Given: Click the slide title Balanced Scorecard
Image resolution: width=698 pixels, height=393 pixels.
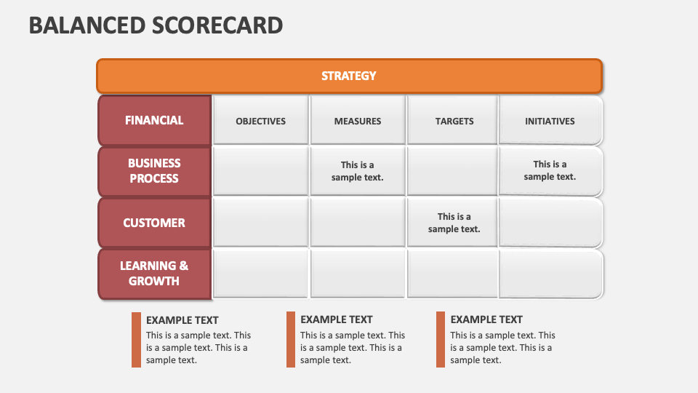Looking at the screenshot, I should [x=156, y=25].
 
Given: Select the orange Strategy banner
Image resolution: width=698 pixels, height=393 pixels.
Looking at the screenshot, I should [x=349, y=76].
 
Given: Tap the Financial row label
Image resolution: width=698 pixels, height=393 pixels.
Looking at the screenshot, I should [x=154, y=120].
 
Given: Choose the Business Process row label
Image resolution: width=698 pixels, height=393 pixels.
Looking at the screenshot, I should [x=154, y=171].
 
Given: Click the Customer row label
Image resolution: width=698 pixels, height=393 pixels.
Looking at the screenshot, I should [x=154, y=223].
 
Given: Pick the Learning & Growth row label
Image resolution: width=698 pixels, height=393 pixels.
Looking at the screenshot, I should [x=154, y=274].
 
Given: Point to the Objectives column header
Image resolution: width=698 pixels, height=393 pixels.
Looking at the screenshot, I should [x=261, y=121].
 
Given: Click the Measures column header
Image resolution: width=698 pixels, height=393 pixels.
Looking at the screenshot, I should [x=358, y=121].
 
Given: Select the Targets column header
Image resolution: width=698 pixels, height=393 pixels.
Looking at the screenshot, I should [x=454, y=121].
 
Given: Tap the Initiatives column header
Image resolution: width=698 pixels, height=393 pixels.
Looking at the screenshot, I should [x=550, y=121].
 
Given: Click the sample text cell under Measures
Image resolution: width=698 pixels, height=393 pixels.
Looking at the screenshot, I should [x=358, y=171].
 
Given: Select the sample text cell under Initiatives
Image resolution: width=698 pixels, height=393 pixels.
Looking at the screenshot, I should [x=550, y=170].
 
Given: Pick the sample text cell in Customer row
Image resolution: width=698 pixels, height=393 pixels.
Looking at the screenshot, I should [x=454, y=223].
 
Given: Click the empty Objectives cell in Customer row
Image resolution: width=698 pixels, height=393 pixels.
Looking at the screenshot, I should [x=261, y=223].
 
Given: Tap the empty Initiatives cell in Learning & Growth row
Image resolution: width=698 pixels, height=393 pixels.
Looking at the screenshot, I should [x=550, y=274].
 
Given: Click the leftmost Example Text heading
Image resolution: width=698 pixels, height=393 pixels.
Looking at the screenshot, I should [x=182, y=320].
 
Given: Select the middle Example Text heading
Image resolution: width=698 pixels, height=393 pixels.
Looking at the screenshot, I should [x=337, y=319].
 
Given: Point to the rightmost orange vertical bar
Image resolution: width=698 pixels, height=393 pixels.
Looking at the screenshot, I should [x=441, y=340].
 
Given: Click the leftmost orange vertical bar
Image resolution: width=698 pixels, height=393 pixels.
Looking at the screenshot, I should [x=136, y=340].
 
